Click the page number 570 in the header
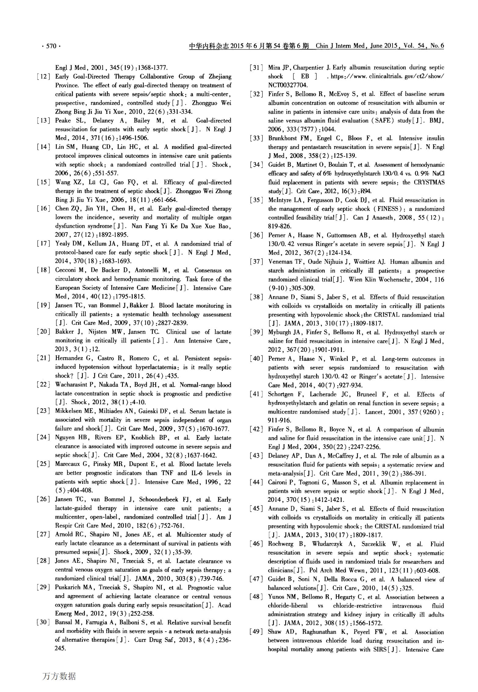coord(51,46)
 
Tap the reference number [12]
coord(43,77)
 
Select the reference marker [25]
coord(43,464)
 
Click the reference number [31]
coord(257,68)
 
